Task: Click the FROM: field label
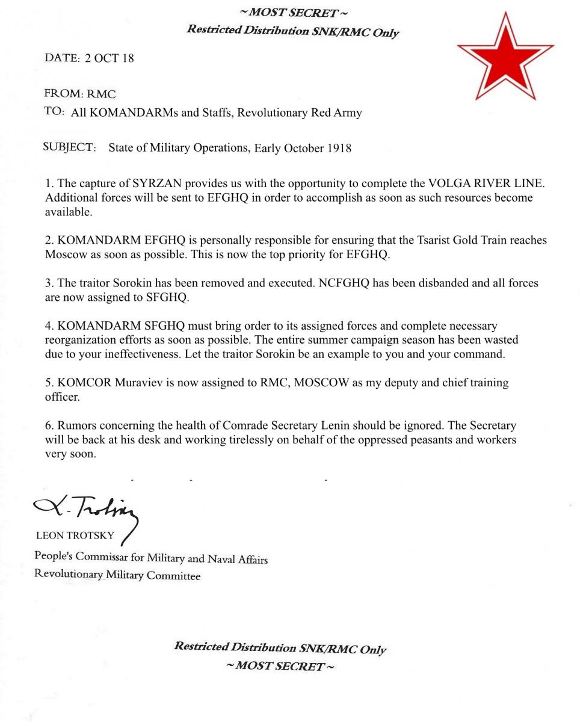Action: [63, 94]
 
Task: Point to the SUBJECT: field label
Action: [70, 147]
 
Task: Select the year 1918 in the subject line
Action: [339, 149]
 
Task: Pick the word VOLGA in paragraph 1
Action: [449, 184]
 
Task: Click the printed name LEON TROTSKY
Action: [75, 536]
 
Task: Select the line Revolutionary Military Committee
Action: [117, 575]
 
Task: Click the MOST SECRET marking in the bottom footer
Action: [280, 666]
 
